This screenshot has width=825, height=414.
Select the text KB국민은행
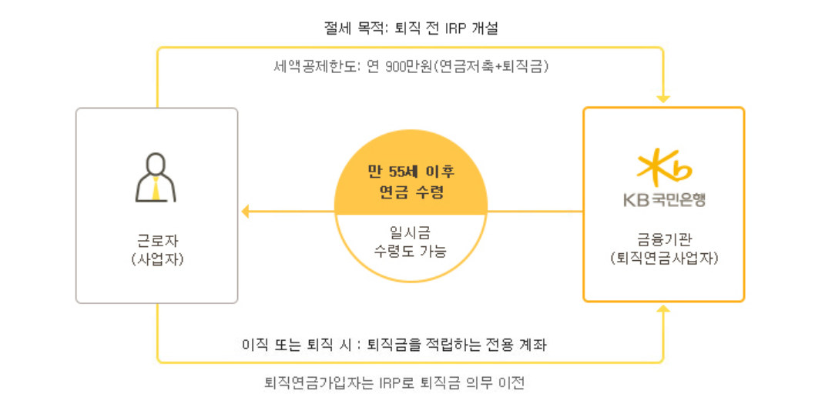(664, 200)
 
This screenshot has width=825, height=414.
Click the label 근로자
(157, 240)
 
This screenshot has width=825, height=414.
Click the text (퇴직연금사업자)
(664, 258)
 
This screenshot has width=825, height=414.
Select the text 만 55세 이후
(411, 171)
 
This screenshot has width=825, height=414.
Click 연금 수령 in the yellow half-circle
(411, 192)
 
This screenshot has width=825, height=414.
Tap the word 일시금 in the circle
(411, 231)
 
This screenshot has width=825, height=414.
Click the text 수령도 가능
(411, 251)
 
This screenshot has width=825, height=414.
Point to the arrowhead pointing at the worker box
(246, 211)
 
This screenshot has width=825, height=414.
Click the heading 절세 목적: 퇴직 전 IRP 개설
(411, 28)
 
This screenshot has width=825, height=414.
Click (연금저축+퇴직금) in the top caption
(491, 67)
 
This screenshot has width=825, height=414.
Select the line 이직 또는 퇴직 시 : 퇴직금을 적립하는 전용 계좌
(394, 344)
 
